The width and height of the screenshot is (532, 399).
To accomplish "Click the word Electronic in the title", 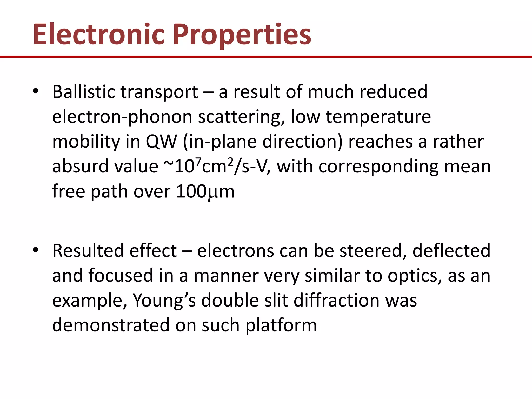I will (x=99, y=35).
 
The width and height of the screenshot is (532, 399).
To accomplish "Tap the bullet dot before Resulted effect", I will (x=36, y=250).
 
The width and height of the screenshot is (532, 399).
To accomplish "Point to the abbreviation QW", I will (x=161, y=142).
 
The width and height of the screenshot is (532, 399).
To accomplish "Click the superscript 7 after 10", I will (x=198, y=162).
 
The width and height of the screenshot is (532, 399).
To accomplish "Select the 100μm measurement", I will (x=205, y=191).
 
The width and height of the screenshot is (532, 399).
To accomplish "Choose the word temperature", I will (x=378, y=117).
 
